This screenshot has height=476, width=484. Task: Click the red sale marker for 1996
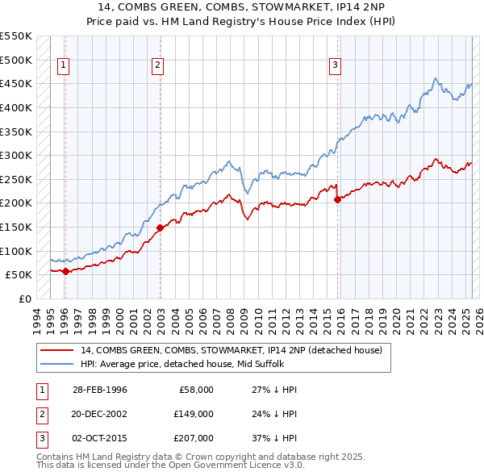click(65, 271)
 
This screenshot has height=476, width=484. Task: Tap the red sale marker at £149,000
click(160, 228)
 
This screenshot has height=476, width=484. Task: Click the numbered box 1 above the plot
click(64, 66)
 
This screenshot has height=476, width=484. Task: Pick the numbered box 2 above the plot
click(158, 66)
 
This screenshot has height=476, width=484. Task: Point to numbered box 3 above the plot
click(335, 66)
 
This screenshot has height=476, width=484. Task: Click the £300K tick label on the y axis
click(16, 155)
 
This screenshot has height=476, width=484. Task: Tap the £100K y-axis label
click(16, 251)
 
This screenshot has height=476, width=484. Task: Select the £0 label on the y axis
click(25, 299)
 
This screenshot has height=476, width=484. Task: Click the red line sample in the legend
click(58, 350)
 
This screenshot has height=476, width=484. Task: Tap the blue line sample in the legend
click(58, 364)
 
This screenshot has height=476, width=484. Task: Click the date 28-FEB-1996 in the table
click(100, 390)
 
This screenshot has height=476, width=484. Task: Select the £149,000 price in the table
click(194, 414)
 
